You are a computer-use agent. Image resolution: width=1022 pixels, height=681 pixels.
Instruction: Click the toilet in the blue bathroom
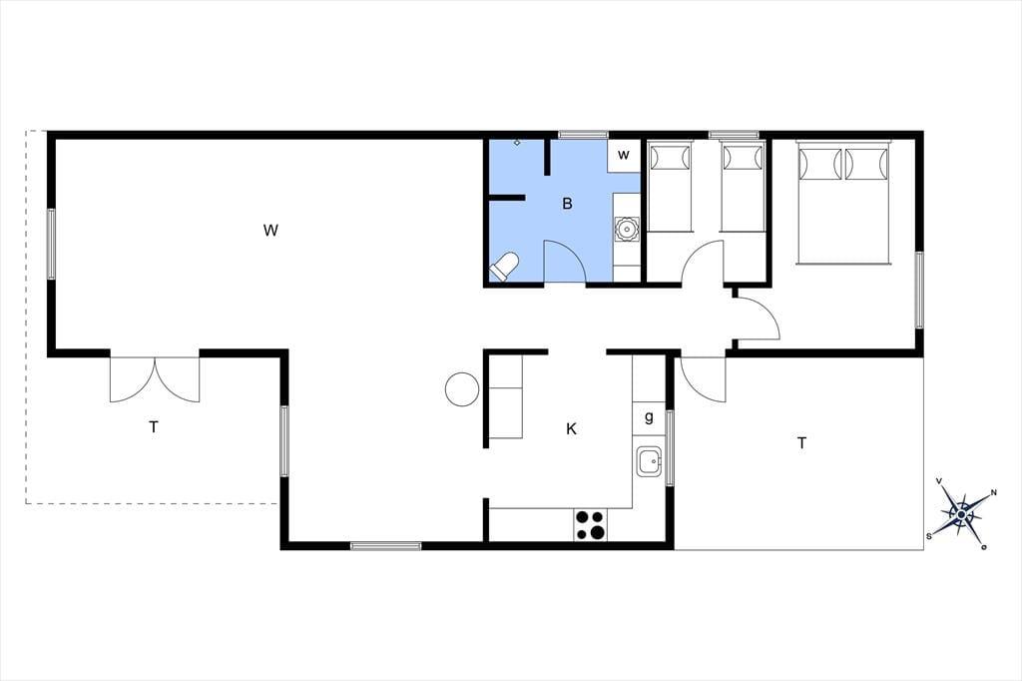pos(504,267)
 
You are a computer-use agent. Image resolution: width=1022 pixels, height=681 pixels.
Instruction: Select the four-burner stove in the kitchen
pos(591,525)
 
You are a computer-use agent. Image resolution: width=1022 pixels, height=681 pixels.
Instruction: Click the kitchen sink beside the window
pos(649,462)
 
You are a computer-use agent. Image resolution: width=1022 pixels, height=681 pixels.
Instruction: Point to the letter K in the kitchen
pos(571,429)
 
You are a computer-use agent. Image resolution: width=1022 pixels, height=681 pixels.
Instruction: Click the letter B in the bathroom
pos(567,204)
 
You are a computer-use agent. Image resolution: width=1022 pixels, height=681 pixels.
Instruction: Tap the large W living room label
pos(270,231)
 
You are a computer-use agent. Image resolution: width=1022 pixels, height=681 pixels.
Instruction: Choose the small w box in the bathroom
pos(624,155)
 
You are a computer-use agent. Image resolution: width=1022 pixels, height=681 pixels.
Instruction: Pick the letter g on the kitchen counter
pos(649,417)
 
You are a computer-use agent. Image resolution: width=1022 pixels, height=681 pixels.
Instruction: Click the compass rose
pos(961,514)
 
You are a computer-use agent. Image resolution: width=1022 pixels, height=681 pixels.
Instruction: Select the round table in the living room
pos(462,389)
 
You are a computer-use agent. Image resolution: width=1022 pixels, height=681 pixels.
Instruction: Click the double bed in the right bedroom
pos(843,203)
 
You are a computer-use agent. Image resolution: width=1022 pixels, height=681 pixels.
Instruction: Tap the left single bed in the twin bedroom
pos(670,186)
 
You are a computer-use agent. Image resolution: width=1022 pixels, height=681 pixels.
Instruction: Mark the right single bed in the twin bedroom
pos(743,186)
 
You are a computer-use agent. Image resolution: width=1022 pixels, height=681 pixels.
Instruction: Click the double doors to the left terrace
pos(155,379)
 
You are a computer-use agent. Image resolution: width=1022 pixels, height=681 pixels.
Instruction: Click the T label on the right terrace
pos(801,443)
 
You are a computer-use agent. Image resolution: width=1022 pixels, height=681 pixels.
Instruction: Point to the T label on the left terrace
pos(153,427)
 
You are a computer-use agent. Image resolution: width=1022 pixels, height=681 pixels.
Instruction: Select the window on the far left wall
pos(51,244)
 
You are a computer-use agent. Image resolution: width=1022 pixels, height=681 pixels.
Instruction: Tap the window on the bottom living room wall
pos(386,546)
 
